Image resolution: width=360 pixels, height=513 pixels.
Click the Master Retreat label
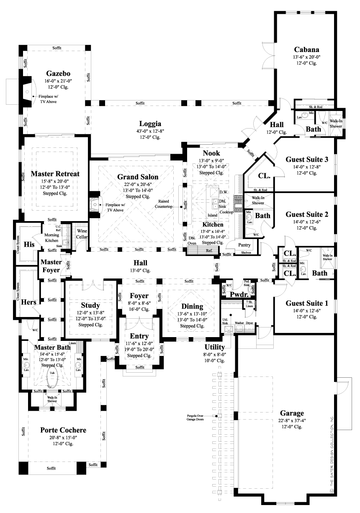coord(56,173)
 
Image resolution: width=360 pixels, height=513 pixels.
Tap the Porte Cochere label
coord(63,430)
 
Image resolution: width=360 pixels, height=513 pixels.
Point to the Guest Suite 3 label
coord(307,159)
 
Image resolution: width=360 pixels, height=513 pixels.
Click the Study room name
coord(90,305)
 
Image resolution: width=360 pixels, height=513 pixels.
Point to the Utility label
coord(214,347)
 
